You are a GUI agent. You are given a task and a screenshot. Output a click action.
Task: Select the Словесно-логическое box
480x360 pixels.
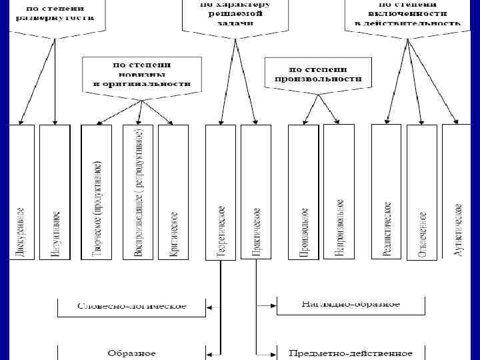coord(132,307)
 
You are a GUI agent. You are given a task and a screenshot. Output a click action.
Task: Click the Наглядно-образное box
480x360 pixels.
coord(351,305)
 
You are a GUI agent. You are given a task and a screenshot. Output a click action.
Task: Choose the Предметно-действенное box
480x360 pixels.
coord(351,352)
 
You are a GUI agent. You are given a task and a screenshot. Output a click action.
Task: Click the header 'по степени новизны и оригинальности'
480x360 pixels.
coord(141,75)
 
